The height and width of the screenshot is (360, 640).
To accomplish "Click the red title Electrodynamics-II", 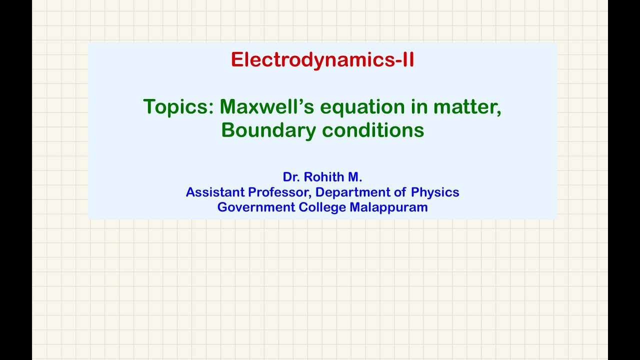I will [x=322, y=60].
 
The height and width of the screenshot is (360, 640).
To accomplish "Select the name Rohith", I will [x=323, y=177].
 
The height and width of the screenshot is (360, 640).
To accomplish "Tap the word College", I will [x=322, y=207].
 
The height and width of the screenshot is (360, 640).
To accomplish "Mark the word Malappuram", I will [x=388, y=207].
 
